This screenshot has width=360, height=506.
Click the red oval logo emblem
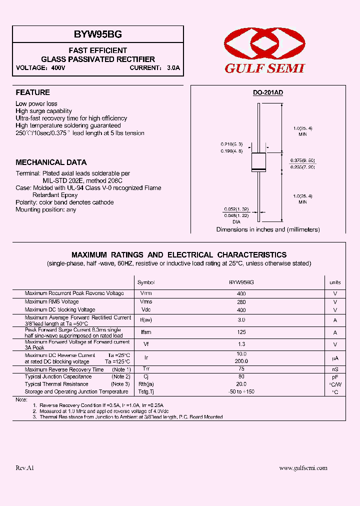coord(264,44)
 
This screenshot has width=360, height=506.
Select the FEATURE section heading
coord(33,92)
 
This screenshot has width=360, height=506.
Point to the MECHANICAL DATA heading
coord(51,162)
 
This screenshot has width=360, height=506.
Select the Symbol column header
coord(146,282)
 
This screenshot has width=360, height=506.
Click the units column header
coord(335,282)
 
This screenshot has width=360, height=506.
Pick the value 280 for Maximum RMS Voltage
coord(241,302)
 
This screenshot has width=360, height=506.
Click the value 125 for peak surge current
coord(241,332)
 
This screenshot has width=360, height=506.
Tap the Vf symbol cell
coord(146,344)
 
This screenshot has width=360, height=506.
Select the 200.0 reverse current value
coord(241,360)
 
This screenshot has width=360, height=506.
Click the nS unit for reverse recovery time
coord(335,370)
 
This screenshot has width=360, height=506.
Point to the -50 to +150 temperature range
coord(241,392)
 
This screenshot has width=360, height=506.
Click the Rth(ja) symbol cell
coord(146,384)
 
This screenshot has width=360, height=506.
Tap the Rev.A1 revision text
coord(25,468)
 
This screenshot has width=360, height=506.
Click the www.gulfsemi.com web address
coord(303,468)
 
